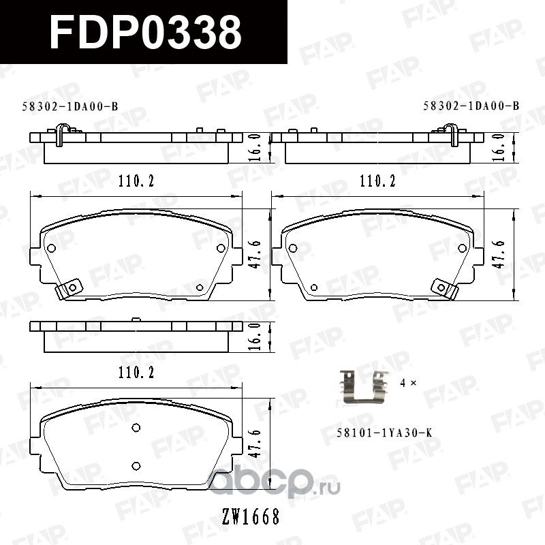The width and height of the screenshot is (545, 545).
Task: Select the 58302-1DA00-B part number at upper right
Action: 471,106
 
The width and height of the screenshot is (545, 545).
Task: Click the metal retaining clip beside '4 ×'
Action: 362,386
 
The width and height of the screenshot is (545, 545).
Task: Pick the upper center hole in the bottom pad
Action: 135,428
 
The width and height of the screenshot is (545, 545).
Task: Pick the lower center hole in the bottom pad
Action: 135,465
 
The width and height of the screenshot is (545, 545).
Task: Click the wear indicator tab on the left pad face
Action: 69,289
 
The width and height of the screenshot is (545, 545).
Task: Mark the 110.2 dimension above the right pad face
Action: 373,181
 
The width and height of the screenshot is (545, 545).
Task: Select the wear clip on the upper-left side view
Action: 62,131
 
